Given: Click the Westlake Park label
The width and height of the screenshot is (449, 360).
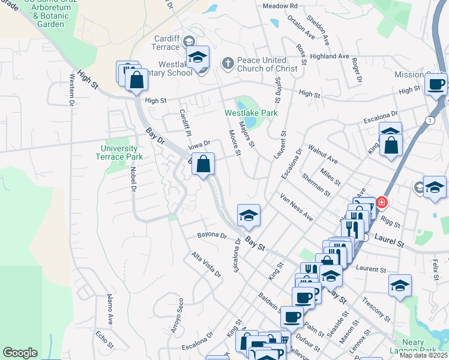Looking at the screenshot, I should click(251, 112).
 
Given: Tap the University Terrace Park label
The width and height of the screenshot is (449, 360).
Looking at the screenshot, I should click(119, 152).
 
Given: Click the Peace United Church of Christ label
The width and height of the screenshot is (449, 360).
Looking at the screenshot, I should click(267, 64).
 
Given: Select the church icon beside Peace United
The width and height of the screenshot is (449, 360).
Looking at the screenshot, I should click(228, 61).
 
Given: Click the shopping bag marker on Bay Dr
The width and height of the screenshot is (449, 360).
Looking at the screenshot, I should click(203, 164).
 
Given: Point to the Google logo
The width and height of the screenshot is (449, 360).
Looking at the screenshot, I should click(20, 353).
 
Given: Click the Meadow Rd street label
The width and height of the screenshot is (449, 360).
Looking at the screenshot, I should click(280, 6).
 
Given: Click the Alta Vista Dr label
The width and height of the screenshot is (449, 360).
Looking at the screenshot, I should click(205, 264).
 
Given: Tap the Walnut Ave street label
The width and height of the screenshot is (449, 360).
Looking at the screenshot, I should click(322, 152).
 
